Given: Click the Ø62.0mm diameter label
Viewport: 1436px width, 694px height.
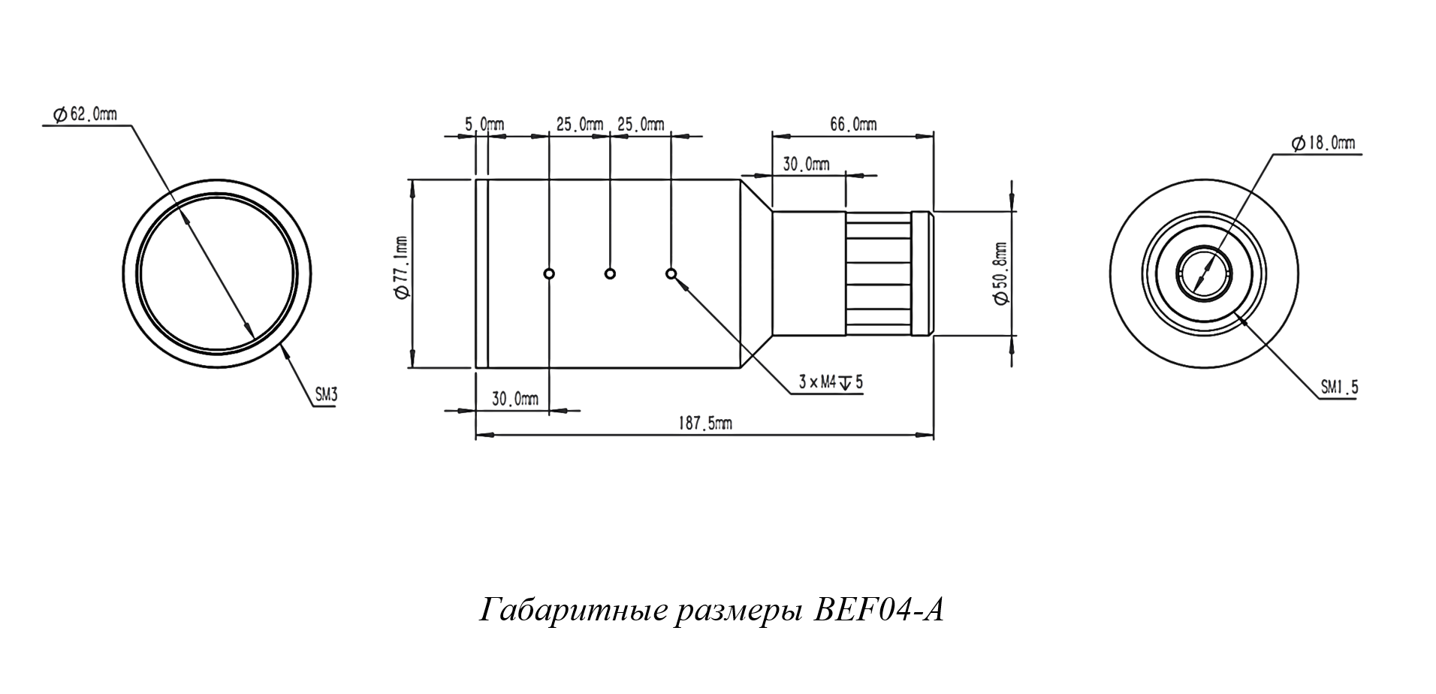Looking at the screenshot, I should (84, 114).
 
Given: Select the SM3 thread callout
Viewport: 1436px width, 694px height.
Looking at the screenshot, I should (325, 396).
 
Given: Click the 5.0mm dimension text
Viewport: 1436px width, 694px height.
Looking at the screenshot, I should (484, 124).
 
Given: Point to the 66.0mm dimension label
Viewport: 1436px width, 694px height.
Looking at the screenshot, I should (852, 124).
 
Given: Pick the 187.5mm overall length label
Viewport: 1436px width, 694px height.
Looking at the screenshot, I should (706, 424).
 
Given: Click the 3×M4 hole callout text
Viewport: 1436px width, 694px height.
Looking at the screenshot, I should (830, 382).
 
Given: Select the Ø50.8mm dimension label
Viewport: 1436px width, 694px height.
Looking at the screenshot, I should (1000, 273).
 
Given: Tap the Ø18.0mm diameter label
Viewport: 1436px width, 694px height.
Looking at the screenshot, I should (1323, 143).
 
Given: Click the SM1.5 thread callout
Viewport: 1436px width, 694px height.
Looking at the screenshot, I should (1339, 388).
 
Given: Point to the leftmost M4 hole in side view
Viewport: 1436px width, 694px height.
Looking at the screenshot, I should (550, 273).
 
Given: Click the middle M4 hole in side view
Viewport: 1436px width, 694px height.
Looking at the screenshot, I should (611, 273).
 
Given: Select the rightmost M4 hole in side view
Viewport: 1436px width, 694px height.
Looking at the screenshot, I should (671, 273).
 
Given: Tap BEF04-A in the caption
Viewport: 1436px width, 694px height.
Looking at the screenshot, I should (879, 610).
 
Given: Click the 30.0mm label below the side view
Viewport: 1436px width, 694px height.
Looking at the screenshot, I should (515, 400).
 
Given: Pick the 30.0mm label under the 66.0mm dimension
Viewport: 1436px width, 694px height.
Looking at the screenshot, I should (806, 164).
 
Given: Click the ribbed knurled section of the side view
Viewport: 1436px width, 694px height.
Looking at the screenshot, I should (879, 273).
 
